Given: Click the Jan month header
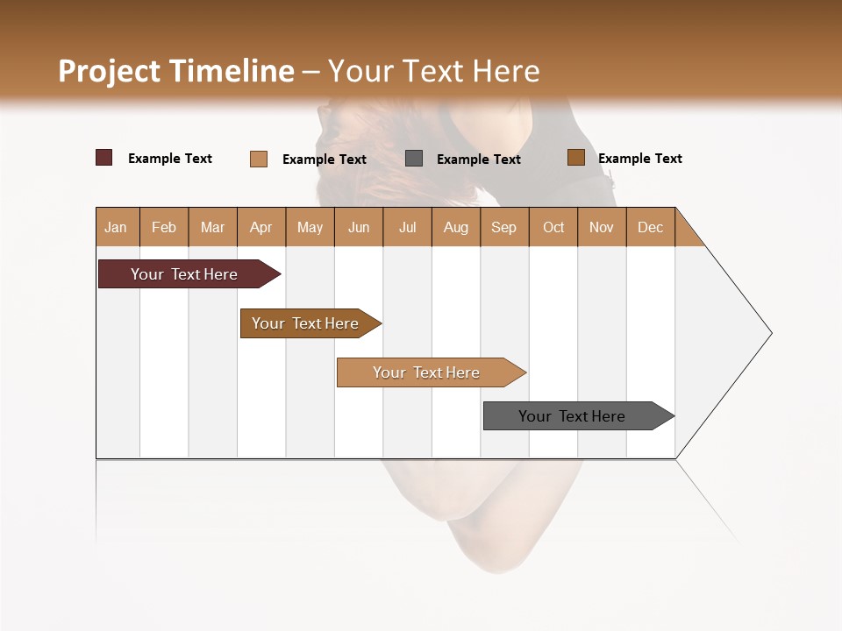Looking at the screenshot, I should pyautogui.click(x=117, y=227).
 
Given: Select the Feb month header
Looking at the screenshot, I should pyautogui.click(x=164, y=227).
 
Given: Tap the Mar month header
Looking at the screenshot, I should pyautogui.click(x=212, y=227).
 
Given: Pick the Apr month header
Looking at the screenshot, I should pyautogui.click(x=261, y=227).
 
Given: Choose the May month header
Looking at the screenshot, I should pyautogui.click(x=310, y=227).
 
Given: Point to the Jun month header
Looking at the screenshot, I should pyautogui.click(x=359, y=227).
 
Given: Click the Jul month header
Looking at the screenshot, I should pyautogui.click(x=407, y=227).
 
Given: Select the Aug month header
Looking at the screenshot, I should pyautogui.click(x=456, y=227).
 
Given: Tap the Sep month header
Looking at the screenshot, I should pyautogui.click(x=504, y=227).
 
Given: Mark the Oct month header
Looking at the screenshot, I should pyautogui.click(x=553, y=227).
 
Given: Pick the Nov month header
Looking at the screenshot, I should pyautogui.click(x=602, y=227).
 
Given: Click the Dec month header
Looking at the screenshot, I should pyautogui.click(x=651, y=227).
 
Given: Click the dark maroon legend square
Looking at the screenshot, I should pyautogui.click(x=104, y=158).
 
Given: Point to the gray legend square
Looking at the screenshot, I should pyautogui.click(x=414, y=159).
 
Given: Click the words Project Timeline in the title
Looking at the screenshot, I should pyautogui.click(x=176, y=71).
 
